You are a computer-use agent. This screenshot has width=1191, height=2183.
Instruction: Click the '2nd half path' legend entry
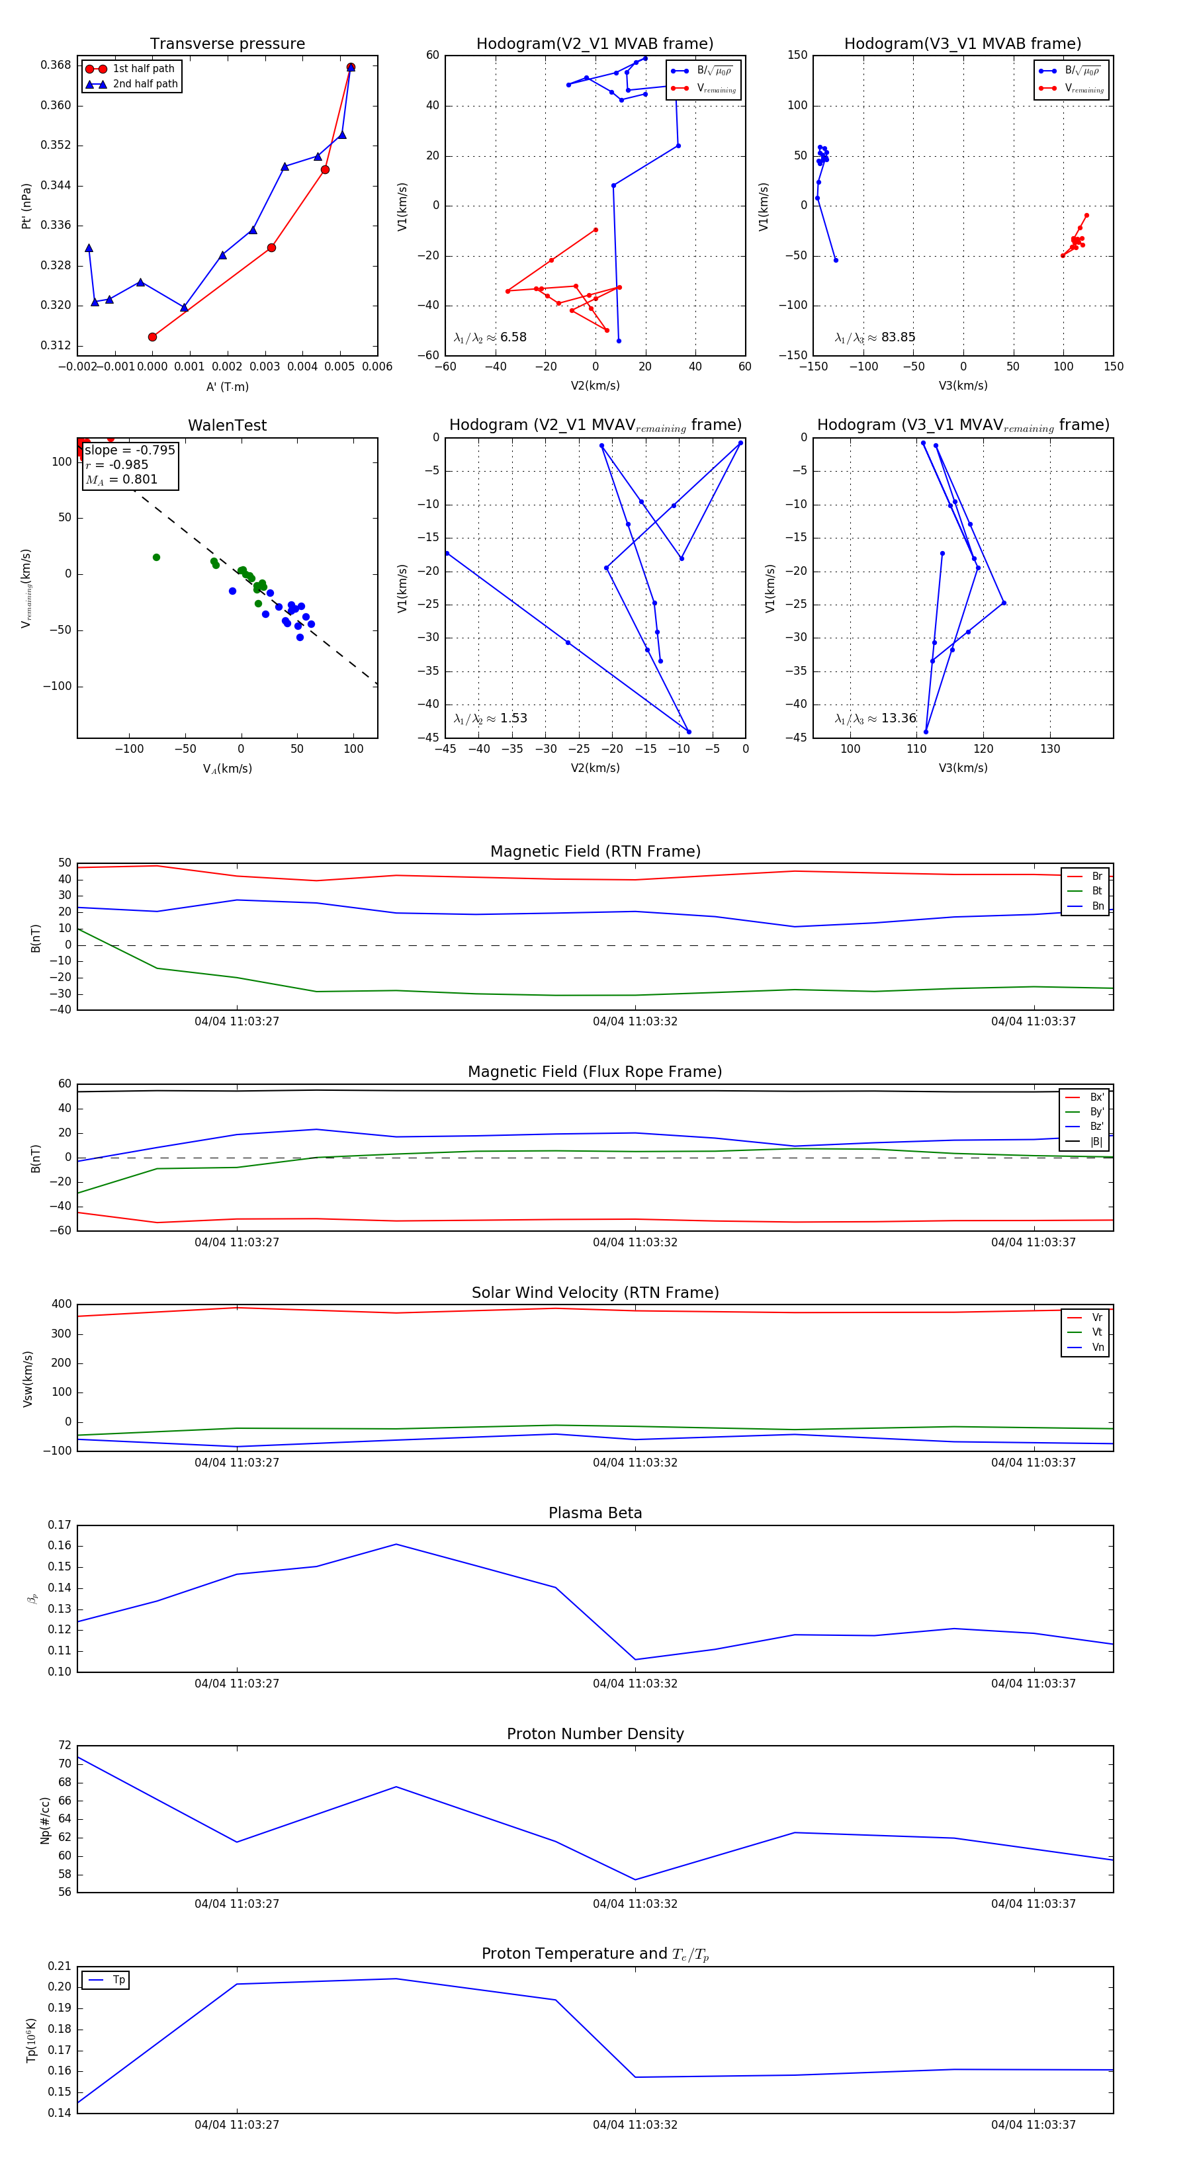click(x=145, y=84)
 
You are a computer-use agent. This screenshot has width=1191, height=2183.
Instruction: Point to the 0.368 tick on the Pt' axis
click(x=56, y=65)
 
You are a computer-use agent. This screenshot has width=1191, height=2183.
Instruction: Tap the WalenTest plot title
click(x=227, y=425)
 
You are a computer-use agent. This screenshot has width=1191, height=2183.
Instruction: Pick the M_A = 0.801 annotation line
click(x=121, y=480)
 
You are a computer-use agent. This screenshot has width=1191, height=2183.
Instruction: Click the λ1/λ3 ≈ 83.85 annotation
click(x=875, y=337)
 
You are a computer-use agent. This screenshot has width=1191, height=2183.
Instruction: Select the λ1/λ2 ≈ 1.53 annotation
click(x=490, y=718)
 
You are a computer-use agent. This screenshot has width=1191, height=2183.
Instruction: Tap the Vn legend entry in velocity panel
click(x=1098, y=1348)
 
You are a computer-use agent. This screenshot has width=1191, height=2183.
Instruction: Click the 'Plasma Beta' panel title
click(x=595, y=1514)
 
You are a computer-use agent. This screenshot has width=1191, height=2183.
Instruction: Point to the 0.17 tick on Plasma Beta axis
click(x=60, y=1525)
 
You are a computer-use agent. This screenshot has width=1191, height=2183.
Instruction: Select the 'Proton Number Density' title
click(x=595, y=1734)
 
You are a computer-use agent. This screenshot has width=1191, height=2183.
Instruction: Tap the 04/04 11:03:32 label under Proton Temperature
click(x=635, y=2125)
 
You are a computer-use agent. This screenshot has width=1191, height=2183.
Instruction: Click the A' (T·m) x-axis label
click(x=227, y=386)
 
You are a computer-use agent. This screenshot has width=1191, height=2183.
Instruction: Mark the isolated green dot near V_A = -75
click(x=156, y=558)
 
